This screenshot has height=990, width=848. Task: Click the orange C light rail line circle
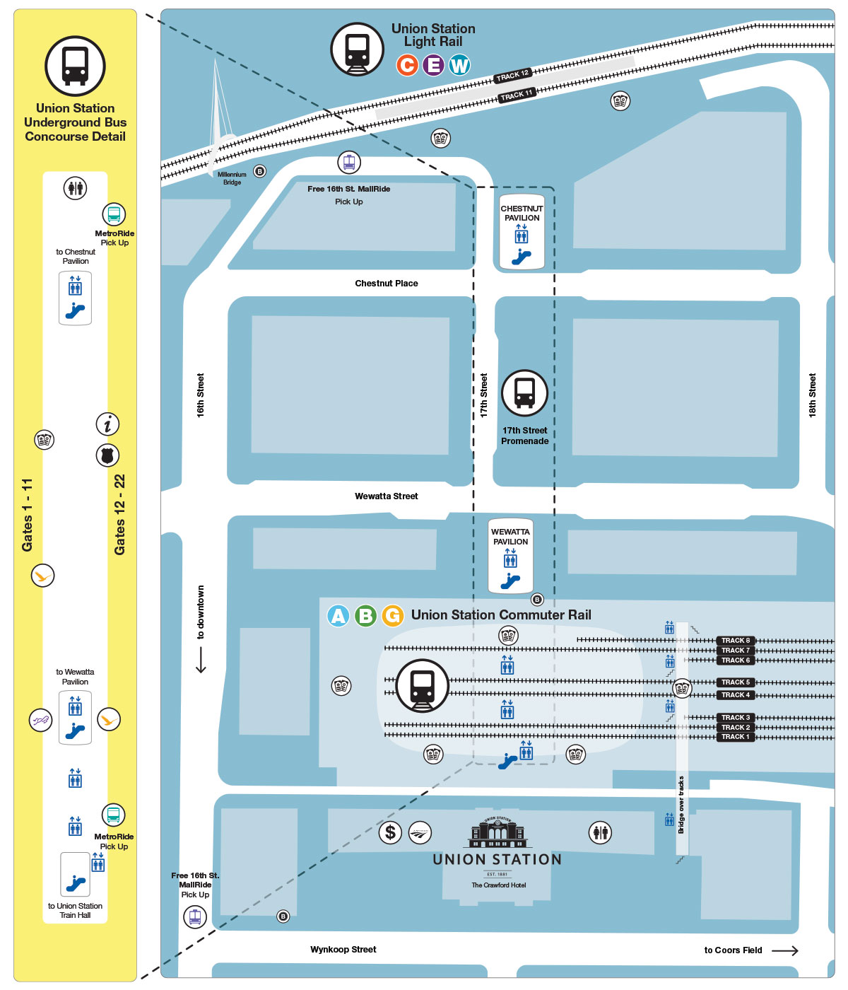pos(407,65)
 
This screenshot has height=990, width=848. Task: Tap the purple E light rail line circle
pos(433,65)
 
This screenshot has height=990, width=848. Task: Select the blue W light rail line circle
pos(459,65)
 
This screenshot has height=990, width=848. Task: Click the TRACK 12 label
pos(512,75)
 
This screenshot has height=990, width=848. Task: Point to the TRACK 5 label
pos(736,682)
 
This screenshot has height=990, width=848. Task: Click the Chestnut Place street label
pos(386,284)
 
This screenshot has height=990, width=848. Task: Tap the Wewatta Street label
pos(386,496)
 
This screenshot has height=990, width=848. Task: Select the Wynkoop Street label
pos(343,950)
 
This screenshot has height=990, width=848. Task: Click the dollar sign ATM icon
pos(390,832)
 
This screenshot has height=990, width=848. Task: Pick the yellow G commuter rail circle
pos(392,616)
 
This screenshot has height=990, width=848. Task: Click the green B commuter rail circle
pos(365,616)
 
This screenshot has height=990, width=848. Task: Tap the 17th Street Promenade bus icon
pos(524,393)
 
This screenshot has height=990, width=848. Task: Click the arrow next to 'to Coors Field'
pos(784,951)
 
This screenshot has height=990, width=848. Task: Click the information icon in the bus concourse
pos(107,424)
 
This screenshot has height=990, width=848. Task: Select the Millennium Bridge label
pos(232,178)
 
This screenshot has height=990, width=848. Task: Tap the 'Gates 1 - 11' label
pos(28,515)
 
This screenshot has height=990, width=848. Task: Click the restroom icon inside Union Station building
pos(600,832)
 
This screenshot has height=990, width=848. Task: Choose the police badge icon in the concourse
pos(107,455)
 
